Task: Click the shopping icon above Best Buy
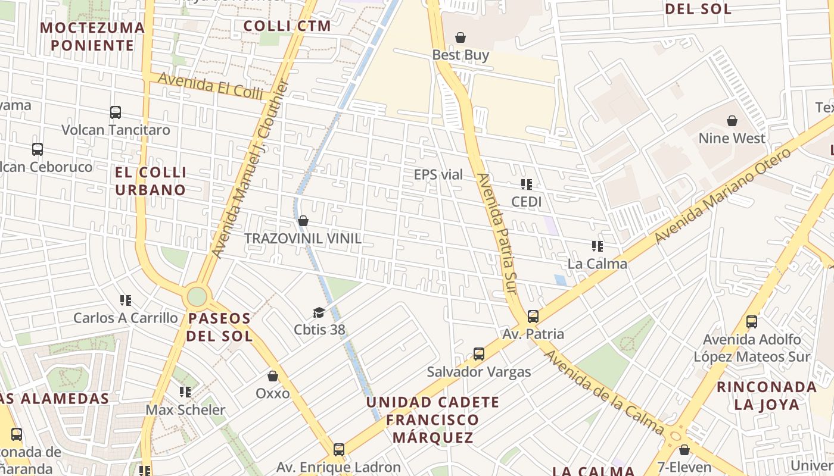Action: [x=460, y=38]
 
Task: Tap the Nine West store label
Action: [x=732, y=138]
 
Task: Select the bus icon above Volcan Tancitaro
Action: [x=116, y=112]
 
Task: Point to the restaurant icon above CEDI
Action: [x=527, y=184]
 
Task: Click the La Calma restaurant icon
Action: [x=598, y=246]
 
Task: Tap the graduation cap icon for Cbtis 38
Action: [x=319, y=313]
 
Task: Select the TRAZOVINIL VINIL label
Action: [x=303, y=239]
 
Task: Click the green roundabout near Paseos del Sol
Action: [x=197, y=296]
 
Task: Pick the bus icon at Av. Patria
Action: [x=533, y=317]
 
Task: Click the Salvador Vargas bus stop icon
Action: [x=478, y=355]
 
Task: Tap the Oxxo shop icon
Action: [x=273, y=377]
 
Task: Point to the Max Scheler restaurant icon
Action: [x=185, y=392]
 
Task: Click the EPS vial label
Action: [x=438, y=174]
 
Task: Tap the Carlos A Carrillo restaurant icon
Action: [x=126, y=300]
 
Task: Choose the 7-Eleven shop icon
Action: [x=684, y=450]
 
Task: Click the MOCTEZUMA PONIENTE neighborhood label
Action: [x=92, y=36]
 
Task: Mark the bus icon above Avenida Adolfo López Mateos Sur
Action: [x=752, y=322]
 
